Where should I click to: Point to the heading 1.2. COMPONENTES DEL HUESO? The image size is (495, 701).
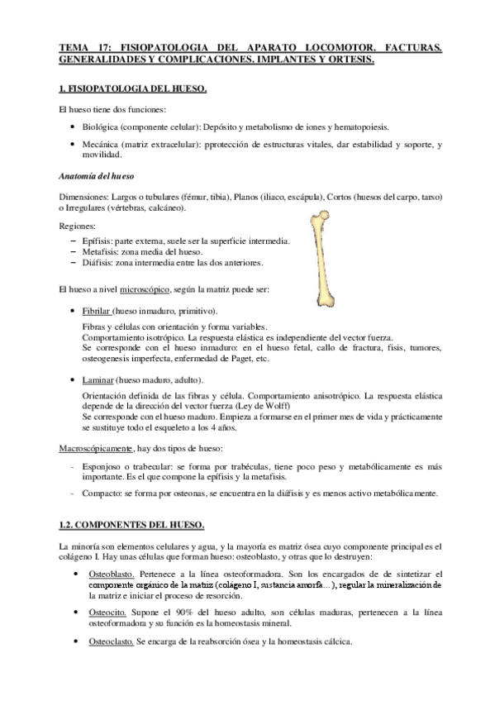pyautogui.click(x=126, y=524)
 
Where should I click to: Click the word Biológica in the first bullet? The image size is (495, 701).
pyautogui.click(x=102, y=126)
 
